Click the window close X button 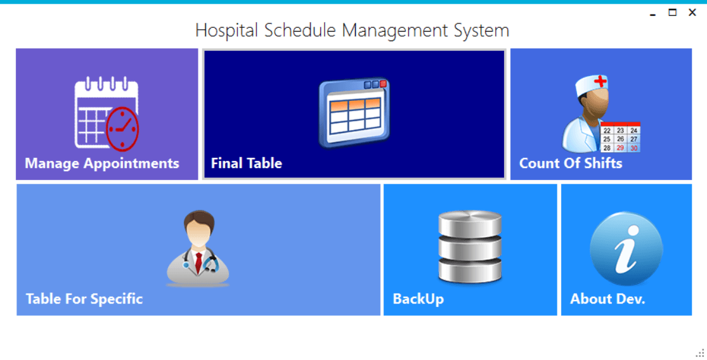coord(692,13)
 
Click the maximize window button coord(672,13)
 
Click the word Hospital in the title coord(227,31)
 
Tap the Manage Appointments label coord(102,163)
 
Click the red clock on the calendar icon coord(122,129)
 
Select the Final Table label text coord(247,163)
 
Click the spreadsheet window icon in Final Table coord(354,113)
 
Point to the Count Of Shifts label coord(571,163)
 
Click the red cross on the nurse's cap coord(600,82)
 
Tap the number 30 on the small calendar coord(634,148)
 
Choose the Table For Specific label coord(84,299)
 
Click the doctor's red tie coord(198,262)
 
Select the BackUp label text coord(418,299)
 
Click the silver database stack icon coord(470,247)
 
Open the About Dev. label coord(607,299)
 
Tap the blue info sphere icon coord(626,248)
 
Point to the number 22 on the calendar coord(607,131)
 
